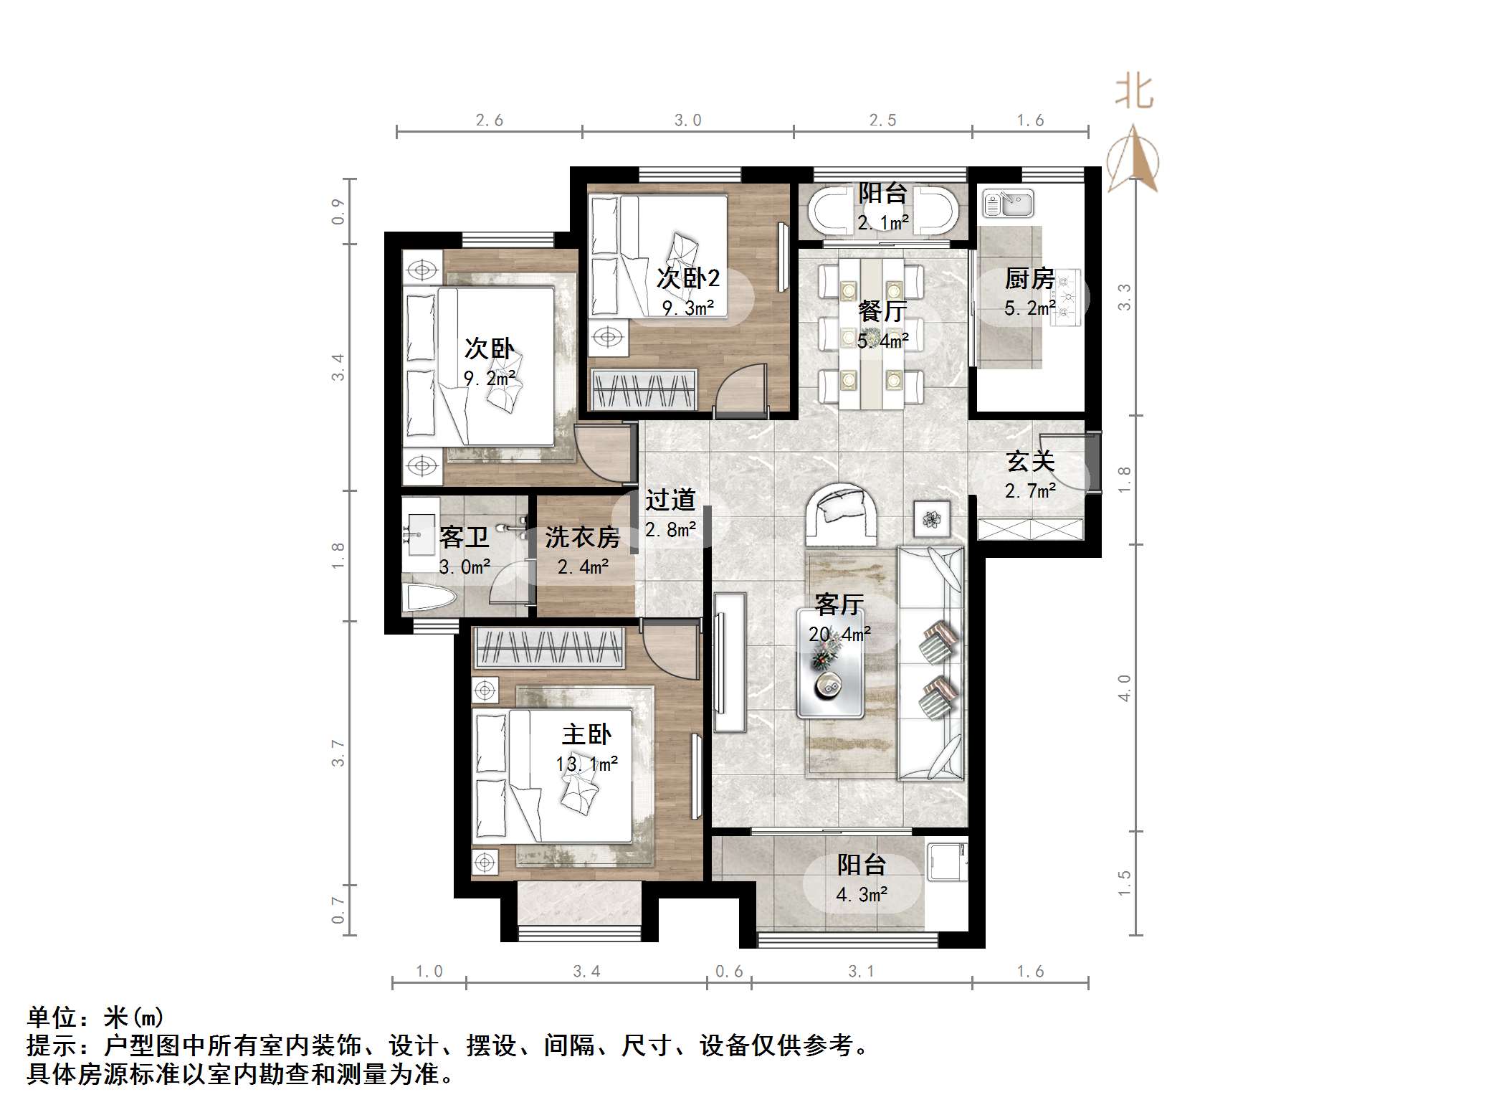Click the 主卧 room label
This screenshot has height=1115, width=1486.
(x=586, y=734)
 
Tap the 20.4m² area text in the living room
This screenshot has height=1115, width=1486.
(x=839, y=634)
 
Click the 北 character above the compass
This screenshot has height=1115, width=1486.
(x=1133, y=92)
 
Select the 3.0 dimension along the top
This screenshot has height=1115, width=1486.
(x=687, y=120)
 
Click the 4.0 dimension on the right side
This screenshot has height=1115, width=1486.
(x=1124, y=688)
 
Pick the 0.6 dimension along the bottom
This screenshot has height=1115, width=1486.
(x=729, y=972)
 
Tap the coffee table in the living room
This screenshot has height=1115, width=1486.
(x=830, y=663)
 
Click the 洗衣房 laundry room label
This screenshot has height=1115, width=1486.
(x=582, y=537)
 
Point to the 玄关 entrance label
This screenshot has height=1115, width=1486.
(x=1030, y=461)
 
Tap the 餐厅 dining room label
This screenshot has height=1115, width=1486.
(x=882, y=311)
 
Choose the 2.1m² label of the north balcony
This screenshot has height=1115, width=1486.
(x=883, y=223)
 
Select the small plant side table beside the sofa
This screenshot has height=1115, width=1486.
(x=932, y=519)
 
